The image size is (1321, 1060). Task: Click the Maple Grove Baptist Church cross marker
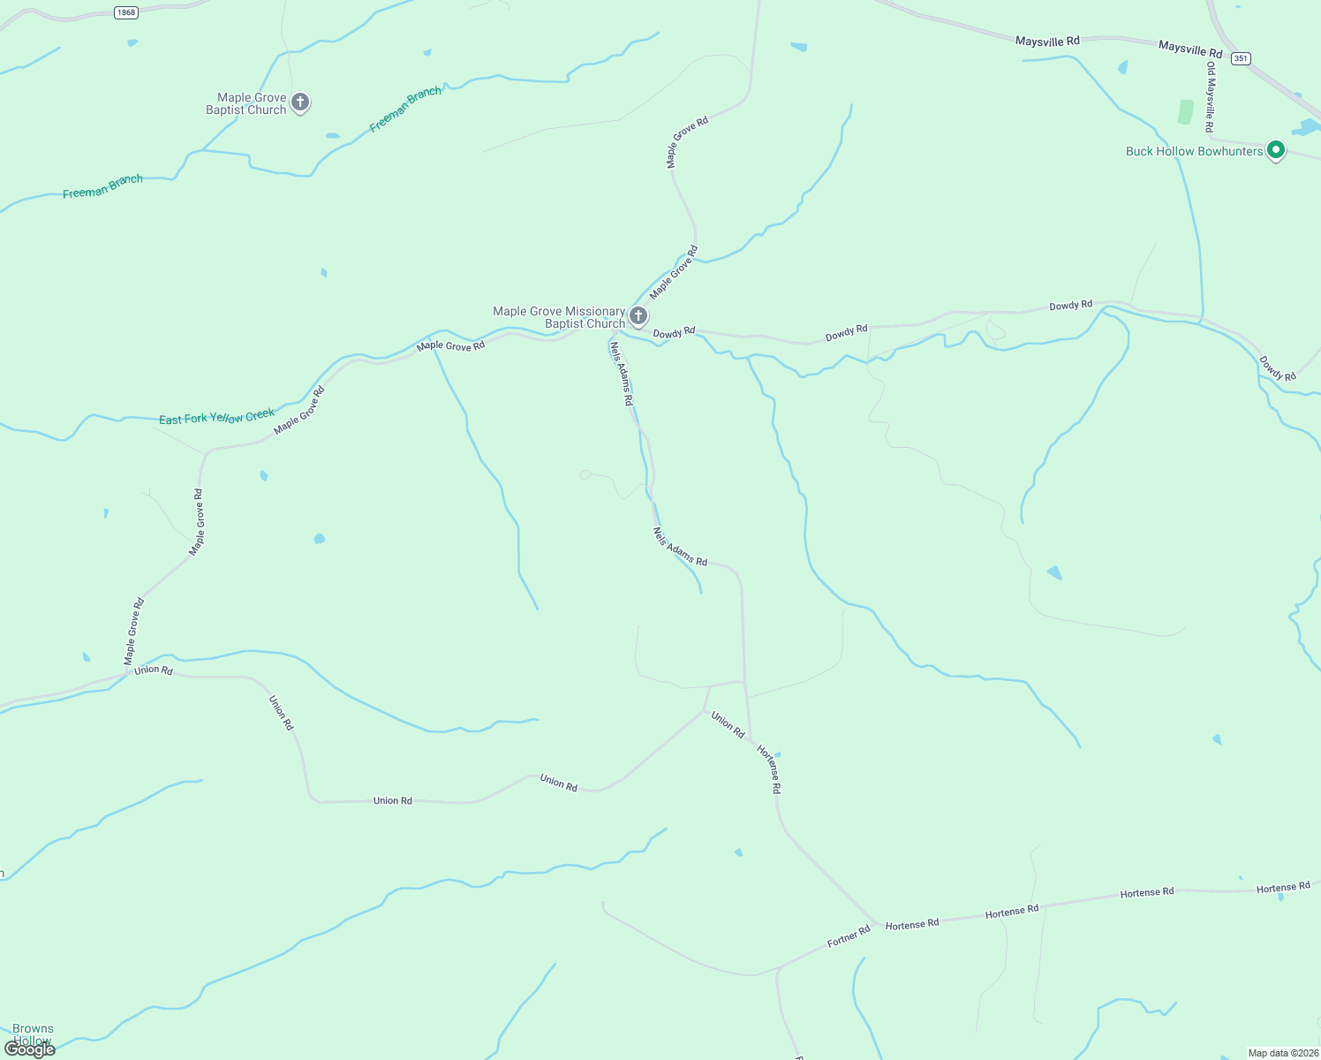(x=300, y=102)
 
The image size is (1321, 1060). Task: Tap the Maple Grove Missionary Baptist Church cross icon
(x=638, y=315)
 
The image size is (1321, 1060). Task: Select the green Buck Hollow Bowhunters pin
(x=1275, y=150)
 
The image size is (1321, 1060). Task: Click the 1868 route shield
(x=125, y=11)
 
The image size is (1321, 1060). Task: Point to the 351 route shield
(x=1241, y=58)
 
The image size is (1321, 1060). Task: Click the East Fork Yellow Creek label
(x=216, y=416)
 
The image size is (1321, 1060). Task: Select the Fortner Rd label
(x=849, y=936)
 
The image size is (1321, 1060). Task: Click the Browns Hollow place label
(x=33, y=1034)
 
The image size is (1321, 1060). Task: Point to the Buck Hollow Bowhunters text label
(x=1194, y=151)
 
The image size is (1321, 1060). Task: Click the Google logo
(x=30, y=1049)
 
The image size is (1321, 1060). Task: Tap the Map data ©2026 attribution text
(x=1281, y=1053)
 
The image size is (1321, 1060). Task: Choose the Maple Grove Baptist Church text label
(x=246, y=104)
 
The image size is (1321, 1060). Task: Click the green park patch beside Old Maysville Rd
(x=1185, y=112)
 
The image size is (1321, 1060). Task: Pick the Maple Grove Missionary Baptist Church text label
(x=559, y=317)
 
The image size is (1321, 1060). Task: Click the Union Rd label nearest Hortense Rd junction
(x=728, y=724)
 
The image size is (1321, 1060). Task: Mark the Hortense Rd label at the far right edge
(x=1283, y=888)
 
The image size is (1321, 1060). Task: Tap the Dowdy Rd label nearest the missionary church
(x=674, y=333)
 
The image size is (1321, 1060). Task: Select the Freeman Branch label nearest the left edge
(x=102, y=186)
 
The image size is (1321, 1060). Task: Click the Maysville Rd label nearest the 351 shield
(x=1190, y=49)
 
